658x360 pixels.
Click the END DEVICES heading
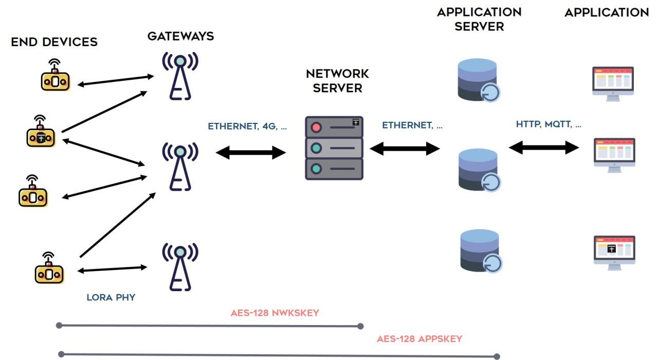[54, 42]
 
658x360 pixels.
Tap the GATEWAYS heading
[180, 37]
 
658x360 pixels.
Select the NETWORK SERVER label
[337, 81]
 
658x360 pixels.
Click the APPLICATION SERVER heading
[479, 19]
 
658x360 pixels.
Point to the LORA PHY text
[111, 297]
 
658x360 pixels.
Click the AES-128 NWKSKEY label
[275, 313]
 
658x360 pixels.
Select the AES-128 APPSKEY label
[419, 339]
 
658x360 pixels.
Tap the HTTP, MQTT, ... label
[549, 124]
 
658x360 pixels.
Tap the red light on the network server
[316, 127]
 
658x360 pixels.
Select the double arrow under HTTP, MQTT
[544, 148]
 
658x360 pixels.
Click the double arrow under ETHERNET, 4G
[251, 152]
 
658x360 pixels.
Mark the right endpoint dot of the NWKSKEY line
[360, 326]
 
